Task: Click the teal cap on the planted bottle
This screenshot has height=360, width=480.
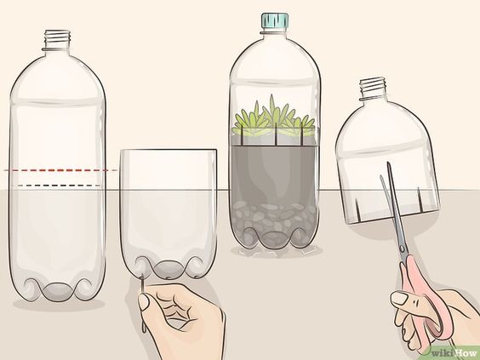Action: [x=275, y=20]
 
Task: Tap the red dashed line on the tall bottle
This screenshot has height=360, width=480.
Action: [x=60, y=170]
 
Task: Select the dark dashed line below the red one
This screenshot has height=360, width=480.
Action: [x=59, y=186]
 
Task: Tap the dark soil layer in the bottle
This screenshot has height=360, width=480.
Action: [x=274, y=174]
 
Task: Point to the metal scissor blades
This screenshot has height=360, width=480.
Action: [x=393, y=209]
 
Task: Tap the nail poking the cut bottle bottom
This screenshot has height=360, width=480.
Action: [x=143, y=303]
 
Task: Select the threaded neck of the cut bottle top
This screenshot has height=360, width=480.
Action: [x=372, y=89]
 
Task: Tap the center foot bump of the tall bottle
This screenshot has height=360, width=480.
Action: [x=58, y=291]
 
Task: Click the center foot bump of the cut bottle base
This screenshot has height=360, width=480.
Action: [x=168, y=270]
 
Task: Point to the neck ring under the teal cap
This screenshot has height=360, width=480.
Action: [x=275, y=31]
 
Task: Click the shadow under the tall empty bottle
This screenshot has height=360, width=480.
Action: [x=58, y=304]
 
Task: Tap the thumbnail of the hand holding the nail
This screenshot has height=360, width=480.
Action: [x=143, y=302]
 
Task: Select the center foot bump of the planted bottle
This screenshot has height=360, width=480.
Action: [x=273, y=238]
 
